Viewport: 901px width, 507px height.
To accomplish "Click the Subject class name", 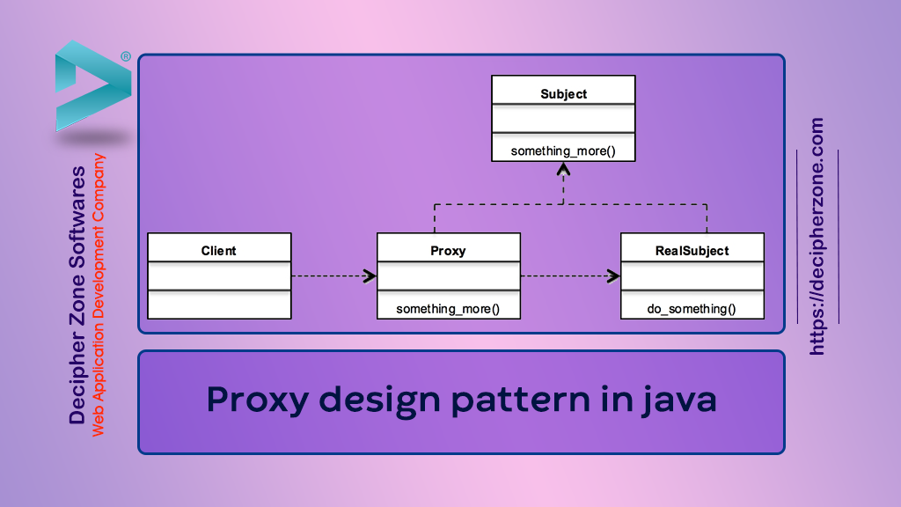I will point(563,93).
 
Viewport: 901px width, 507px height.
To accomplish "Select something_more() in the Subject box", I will point(563,151).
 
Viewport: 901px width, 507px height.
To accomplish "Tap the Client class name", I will point(218,250).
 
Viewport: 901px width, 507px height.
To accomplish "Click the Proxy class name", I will point(449,250).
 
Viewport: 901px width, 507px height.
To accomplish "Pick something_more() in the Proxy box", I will point(449,308).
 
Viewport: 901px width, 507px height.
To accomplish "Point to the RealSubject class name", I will point(692,250).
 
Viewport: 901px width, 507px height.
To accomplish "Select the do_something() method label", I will point(692,308).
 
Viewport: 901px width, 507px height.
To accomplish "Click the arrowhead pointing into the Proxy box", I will point(370,276).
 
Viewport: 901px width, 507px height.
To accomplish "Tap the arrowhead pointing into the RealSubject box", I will point(613,276).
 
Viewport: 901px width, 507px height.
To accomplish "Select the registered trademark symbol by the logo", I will point(126,56).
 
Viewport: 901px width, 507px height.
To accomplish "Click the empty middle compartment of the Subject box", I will point(563,121).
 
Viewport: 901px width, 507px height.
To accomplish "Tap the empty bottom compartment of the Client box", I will point(218,305).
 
